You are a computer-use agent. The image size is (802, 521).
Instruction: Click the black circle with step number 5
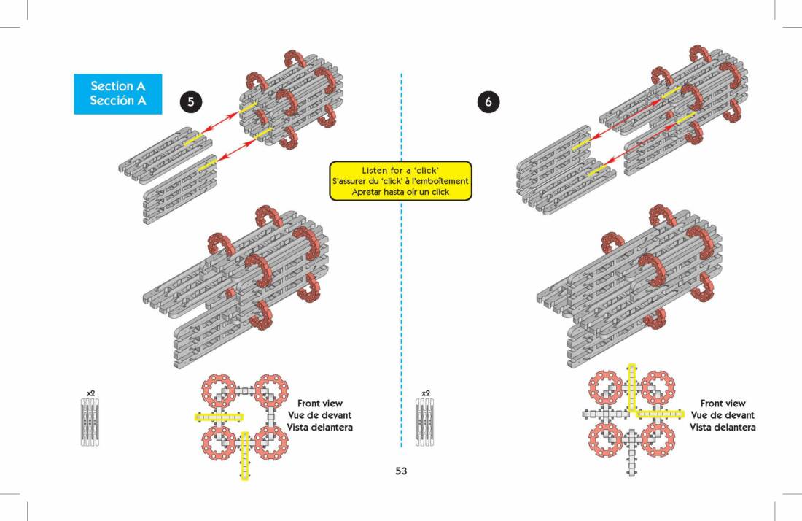coord(191,102)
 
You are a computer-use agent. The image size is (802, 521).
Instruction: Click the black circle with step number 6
coord(488,102)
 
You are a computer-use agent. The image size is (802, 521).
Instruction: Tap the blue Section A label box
coord(117,94)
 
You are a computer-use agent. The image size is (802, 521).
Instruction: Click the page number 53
coord(401,471)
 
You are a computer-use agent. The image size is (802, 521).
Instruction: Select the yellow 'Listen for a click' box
coord(401,180)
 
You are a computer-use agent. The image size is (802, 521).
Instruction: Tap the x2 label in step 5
coord(90,393)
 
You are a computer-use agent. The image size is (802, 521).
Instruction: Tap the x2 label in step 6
coord(426,393)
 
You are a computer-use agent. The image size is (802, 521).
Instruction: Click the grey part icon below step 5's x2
coord(90,422)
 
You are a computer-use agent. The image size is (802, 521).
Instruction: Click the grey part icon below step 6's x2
coord(425,422)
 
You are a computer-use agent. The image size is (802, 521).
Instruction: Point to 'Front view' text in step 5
coord(319,404)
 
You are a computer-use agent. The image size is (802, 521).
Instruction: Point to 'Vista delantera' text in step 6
coord(723,427)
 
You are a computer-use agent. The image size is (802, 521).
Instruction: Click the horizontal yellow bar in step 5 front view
coord(218,417)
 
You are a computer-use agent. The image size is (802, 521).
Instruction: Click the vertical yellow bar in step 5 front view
coord(244,455)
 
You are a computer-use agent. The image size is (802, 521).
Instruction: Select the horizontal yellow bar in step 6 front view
coord(661,414)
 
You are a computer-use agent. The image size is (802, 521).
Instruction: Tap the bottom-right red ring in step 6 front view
coord(658,441)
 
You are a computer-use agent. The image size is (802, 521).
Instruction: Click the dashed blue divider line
coord(402,292)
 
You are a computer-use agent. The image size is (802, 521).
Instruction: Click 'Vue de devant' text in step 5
coord(319,415)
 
